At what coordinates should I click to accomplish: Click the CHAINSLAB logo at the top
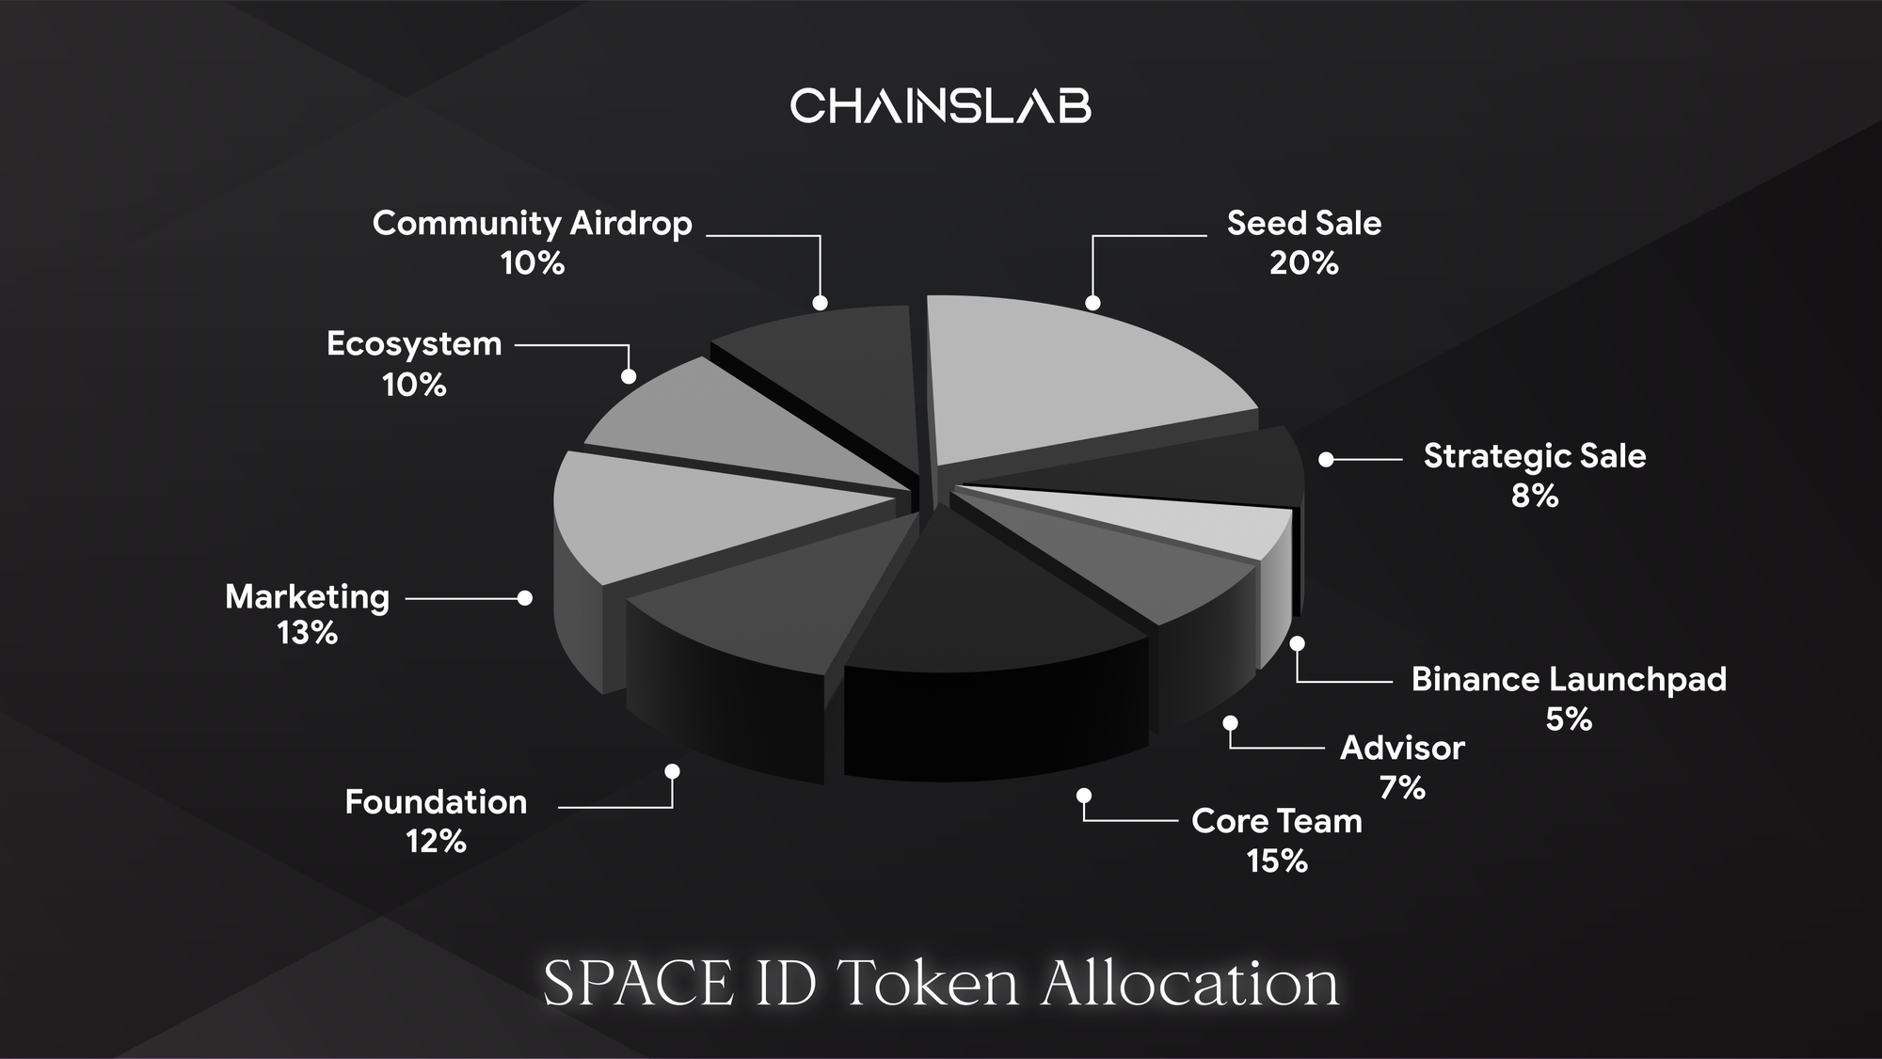point(941,105)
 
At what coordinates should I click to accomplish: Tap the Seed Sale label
point(1304,223)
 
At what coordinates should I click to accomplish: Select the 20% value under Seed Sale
point(1304,263)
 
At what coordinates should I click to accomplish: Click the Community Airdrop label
point(533,224)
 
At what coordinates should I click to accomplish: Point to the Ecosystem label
point(414,344)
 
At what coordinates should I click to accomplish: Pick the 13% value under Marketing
point(308,633)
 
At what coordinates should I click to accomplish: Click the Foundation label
point(437,802)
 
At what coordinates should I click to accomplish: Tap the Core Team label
point(1277,821)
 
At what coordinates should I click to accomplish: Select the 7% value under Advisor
point(1402,787)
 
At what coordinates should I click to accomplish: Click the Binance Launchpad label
point(1570,679)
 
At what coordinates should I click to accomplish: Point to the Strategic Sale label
point(1535,456)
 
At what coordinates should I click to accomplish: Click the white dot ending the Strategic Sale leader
point(1326,460)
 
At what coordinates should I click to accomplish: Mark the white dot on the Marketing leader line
point(525,598)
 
